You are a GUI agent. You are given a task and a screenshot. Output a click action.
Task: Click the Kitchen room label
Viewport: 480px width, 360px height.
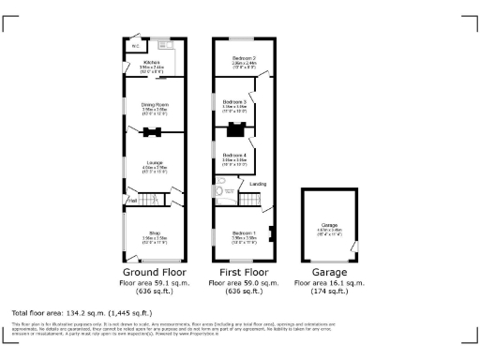tap(152, 63)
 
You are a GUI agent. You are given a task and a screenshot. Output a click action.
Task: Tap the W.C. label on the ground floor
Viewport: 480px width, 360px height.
tap(135, 45)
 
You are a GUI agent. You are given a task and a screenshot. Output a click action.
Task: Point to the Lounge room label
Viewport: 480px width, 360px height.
tap(154, 165)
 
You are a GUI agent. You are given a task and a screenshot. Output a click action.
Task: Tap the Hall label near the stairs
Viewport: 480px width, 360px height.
tap(132, 200)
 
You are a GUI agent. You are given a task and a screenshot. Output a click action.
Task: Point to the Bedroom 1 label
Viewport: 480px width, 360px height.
tap(244, 232)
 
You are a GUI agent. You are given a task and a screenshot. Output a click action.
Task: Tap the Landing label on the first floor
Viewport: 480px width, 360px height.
tap(257, 185)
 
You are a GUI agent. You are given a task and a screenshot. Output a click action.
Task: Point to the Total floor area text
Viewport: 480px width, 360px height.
tap(81, 312)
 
